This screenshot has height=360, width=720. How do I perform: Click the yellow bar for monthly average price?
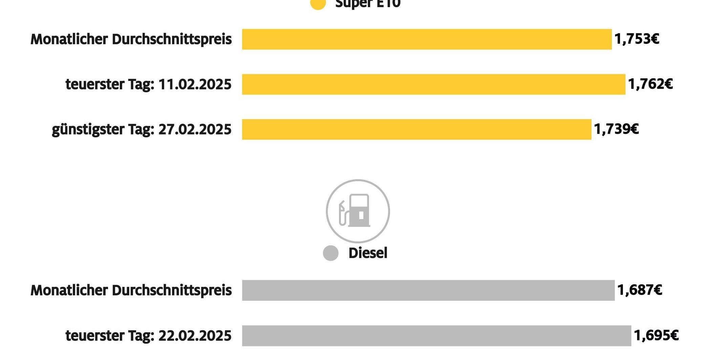[x=427, y=39]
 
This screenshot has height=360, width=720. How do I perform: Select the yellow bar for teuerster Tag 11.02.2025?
[x=433, y=84]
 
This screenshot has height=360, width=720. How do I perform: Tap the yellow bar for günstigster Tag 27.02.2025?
[x=417, y=129]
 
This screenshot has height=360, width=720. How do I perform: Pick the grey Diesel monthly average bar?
[x=428, y=290]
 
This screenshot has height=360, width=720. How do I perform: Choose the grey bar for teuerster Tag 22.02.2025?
[x=437, y=336]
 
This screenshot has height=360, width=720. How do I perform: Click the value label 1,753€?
[x=637, y=39]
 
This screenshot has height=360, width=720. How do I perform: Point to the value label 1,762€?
[x=650, y=84]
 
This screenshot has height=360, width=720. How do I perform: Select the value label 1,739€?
[x=616, y=129]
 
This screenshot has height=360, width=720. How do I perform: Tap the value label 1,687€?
[x=639, y=290]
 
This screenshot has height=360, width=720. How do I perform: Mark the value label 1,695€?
[x=656, y=336]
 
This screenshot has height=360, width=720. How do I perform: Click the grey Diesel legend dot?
[x=331, y=253]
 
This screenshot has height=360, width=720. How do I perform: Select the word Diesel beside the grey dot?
[x=368, y=253]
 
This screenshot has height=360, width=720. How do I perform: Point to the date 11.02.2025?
[x=195, y=84]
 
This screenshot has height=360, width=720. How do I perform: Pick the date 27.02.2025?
[x=195, y=129]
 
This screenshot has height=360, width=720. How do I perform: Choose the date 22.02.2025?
[x=195, y=336]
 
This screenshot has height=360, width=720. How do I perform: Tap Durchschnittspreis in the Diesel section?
[x=172, y=291]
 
